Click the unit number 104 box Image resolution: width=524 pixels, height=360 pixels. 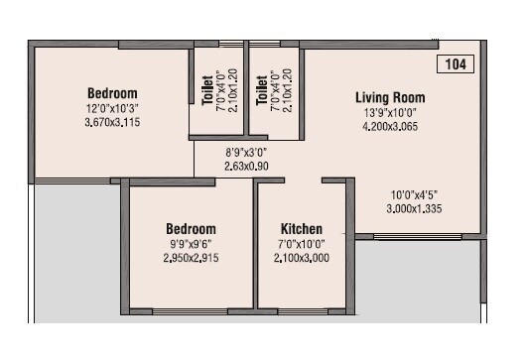457,64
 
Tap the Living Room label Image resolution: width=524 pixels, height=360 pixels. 390,97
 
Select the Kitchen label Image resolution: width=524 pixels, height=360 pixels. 301,229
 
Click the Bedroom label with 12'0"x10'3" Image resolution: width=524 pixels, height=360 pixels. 112,94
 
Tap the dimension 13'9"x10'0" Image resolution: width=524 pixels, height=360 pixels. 390,112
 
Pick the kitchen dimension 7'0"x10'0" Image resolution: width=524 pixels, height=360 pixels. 301,243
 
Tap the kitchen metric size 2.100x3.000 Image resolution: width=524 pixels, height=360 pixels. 301,257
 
